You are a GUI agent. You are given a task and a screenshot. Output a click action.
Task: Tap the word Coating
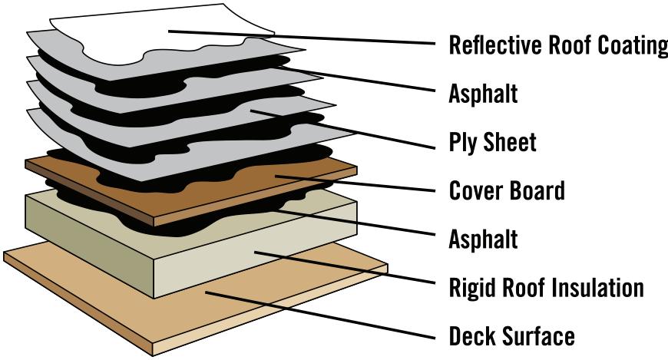coord(632,45)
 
